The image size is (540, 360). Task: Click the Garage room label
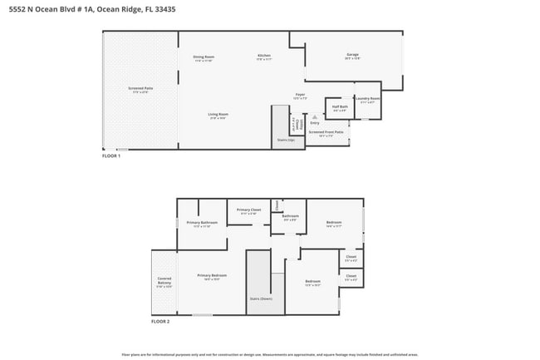pos(352,55)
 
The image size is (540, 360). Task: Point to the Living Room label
pos(218,114)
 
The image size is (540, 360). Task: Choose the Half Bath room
pos(340,106)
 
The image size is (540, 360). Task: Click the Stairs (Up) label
pos(285,141)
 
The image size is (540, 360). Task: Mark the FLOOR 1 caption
pos(111,156)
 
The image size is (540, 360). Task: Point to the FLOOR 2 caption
pos(160,321)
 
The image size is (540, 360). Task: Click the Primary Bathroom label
pos(202,223)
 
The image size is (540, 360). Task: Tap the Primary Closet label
pos(249,210)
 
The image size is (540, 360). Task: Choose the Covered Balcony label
pos(164,282)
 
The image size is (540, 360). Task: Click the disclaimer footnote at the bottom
pos(270,353)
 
